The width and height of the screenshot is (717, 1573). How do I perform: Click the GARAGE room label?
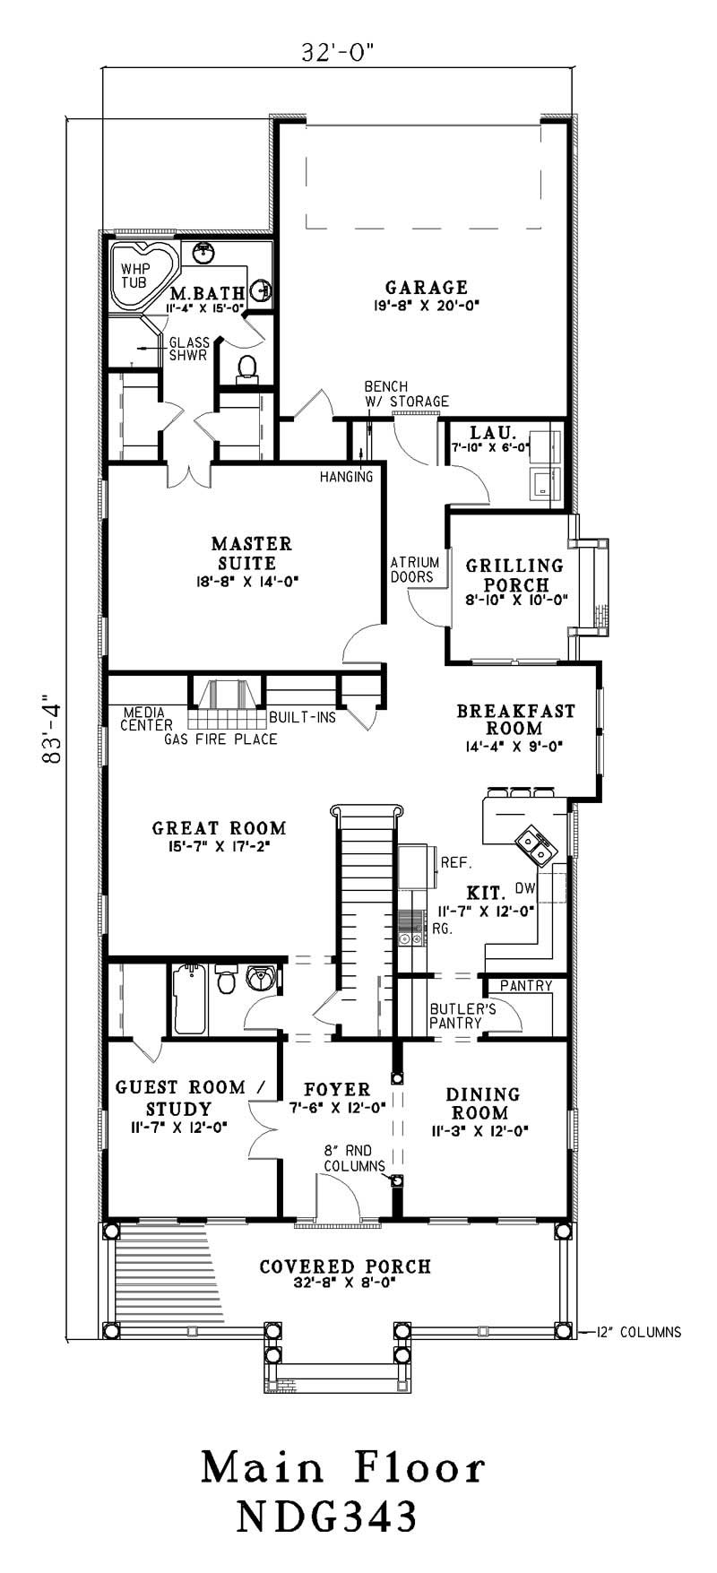[x=427, y=288]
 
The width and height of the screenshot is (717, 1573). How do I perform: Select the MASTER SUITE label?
[x=252, y=554]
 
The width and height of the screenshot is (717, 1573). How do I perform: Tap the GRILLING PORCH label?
[x=514, y=575]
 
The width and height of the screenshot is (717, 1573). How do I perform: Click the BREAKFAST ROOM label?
[x=515, y=720]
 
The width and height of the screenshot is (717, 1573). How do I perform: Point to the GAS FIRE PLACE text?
[x=220, y=739]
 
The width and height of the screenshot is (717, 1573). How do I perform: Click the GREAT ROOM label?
[x=220, y=829]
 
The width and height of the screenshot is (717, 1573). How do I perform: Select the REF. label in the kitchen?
[x=456, y=863]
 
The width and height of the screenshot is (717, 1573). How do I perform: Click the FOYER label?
[x=337, y=1090]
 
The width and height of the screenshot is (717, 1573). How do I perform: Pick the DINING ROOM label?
[x=483, y=1103]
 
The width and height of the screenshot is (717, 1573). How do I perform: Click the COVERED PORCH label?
[x=345, y=1266]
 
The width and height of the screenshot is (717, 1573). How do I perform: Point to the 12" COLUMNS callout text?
[x=638, y=1332]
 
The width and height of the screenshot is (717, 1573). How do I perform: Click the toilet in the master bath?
[x=246, y=368]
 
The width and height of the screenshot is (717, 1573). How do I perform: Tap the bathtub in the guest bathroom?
[x=190, y=998]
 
